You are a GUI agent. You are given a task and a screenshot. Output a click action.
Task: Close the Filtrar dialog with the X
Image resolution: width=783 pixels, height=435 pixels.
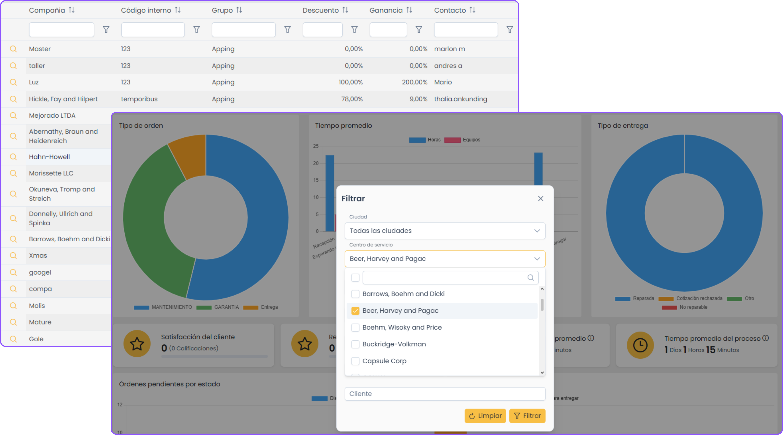click(x=540, y=199)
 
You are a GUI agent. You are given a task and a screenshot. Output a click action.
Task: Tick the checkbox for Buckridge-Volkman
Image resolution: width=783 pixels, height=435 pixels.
click(x=355, y=344)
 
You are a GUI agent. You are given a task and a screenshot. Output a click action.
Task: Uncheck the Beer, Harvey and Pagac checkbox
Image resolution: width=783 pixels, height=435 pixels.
click(x=355, y=311)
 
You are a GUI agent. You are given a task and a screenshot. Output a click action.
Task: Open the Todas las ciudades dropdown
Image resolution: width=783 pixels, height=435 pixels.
click(x=445, y=231)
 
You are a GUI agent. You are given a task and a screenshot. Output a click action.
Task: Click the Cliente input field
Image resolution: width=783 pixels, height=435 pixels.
click(x=445, y=394)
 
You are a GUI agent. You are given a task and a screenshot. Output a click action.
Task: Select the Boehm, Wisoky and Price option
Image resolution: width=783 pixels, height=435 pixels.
click(x=402, y=327)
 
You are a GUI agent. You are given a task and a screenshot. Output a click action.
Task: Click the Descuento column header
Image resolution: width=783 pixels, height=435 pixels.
click(x=320, y=10)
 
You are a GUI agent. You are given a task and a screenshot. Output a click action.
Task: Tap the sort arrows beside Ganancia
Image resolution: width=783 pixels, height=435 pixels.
click(x=409, y=10)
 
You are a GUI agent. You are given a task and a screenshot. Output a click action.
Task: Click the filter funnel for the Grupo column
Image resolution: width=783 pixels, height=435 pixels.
click(x=287, y=30)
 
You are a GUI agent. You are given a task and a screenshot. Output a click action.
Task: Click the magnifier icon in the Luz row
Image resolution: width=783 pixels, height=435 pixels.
click(x=13, y=82)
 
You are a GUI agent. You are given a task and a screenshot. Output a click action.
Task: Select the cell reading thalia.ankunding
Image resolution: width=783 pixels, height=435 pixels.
click(x=460, y=99)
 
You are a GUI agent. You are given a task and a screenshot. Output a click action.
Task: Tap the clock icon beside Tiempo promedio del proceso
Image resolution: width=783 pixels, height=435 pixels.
click(x=640, y=345)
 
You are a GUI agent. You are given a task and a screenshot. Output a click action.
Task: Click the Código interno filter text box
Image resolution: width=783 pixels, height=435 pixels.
click(x=153, y=30)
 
